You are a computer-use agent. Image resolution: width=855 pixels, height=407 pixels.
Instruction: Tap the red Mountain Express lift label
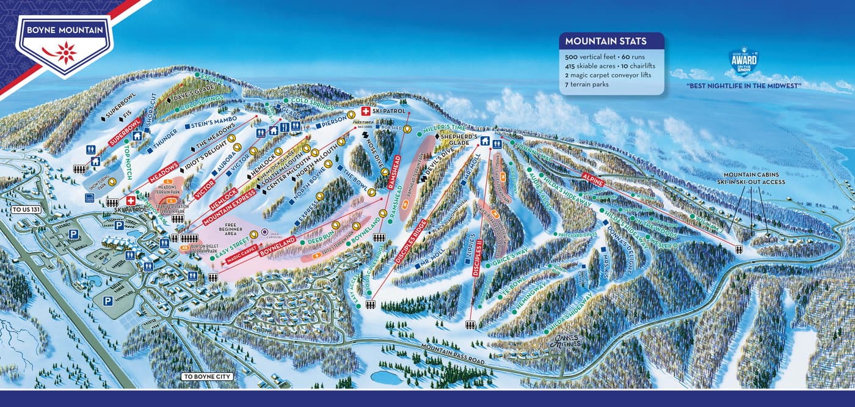coord(229,205)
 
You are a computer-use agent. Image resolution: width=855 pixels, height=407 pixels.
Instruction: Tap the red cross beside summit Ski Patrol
coord(366,111)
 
